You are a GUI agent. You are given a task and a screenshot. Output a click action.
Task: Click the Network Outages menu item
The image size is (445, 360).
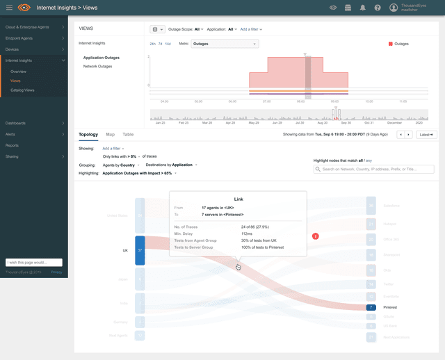[x=97, y=66]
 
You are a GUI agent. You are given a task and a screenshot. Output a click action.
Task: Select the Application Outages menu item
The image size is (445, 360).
[x=102, y=58]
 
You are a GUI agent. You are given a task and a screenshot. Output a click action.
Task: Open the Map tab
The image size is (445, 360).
[x=110, y=134]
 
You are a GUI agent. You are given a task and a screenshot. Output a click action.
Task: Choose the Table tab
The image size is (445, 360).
[x=128, y=134]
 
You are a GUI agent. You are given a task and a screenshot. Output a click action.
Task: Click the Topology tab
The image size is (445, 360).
[x=88, y=134]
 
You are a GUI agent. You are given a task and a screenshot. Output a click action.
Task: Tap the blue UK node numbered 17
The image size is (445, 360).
[x=140, y=250]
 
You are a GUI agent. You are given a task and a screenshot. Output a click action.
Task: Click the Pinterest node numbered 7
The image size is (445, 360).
[x=371, y=306]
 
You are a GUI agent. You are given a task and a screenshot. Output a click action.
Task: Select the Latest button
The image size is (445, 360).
[x=426, y=134]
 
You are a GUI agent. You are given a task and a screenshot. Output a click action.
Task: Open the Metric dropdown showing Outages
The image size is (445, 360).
[x=225, y=44]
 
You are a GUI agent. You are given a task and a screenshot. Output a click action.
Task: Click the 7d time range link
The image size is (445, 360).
[x=160, y=44]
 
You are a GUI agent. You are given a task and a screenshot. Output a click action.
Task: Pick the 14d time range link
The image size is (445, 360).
[x=168, y=44]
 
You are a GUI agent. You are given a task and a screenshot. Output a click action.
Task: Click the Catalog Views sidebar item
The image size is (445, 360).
[x=22, y=90]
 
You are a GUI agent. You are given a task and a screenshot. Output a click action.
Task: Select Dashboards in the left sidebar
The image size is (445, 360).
[x=15, y=123]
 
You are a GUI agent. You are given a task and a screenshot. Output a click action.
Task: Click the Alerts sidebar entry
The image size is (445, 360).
[x=10, y=134]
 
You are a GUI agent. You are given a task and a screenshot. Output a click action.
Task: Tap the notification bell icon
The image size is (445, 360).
[x=363, y=8]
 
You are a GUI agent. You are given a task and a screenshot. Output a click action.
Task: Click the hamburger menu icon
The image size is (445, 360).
[x=9, y=8]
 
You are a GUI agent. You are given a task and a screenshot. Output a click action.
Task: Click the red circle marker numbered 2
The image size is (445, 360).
[x=316, y=236]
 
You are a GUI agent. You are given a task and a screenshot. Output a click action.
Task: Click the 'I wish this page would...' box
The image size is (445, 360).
[x=34, y=263]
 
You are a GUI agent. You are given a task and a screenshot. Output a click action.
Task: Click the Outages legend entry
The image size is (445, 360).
[x=398, y=44]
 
